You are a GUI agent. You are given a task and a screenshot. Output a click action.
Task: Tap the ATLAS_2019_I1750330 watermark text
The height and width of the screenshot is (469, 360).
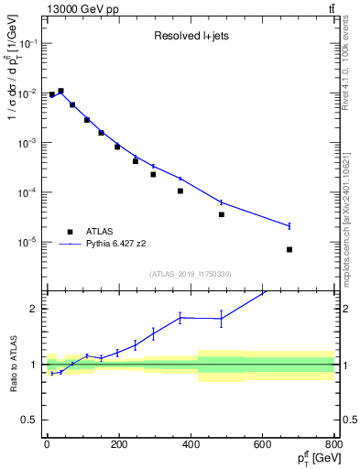coord(190,274)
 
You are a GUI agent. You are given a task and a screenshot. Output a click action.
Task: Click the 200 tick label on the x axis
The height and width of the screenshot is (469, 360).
coord(118,446)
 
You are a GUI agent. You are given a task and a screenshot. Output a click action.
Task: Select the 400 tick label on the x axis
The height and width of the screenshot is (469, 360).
coord(191,446)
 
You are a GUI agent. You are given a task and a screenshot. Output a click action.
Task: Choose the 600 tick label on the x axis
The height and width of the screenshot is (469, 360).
coord(263,446)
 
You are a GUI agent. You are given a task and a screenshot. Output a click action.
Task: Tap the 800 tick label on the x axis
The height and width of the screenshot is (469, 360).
coord(333,446)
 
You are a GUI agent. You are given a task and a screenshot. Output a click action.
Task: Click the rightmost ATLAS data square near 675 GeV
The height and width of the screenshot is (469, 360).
coord(289,249)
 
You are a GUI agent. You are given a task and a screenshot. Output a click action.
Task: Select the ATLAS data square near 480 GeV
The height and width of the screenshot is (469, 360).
coord(221,214)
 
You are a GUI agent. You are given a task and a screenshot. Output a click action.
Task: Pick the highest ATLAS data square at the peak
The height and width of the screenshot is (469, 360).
coord(60,92)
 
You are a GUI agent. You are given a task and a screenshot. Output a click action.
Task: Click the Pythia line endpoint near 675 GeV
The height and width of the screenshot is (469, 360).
coord(289,225)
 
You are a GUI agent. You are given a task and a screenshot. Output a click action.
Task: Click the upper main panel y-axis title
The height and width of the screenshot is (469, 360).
coord(12,105)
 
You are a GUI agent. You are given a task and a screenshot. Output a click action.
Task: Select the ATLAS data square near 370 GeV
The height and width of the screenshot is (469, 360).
coord(180,191)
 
